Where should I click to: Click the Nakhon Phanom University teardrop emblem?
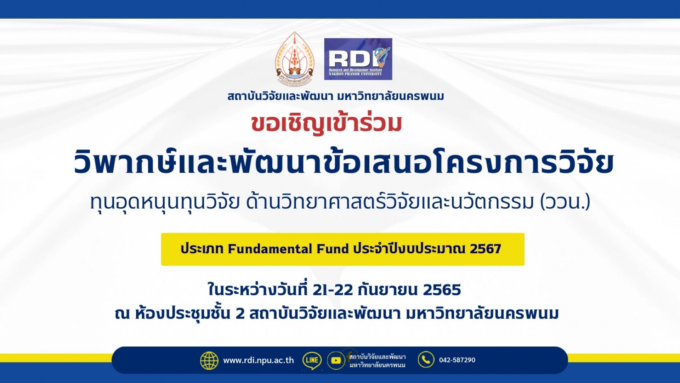tap(295, 59)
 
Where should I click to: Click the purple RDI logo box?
tap(358, 59)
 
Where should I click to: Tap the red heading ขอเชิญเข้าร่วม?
tap(327, 124)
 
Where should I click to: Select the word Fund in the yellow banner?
tap(333, 249)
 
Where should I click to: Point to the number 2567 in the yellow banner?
tap(485, 249)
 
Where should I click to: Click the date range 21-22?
tap(333, 290)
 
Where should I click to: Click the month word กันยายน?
tap(388, 290)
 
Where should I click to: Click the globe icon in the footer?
tap(209, 361)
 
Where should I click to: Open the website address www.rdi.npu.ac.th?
tap(259, 360)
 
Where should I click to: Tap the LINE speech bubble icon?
tap(312, 361)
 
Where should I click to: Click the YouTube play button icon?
tap(336, 361)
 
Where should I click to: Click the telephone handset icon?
tap(426, 360)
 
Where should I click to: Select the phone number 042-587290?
tap(457, 360)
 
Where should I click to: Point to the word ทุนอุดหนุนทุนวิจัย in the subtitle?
tap(165, 202)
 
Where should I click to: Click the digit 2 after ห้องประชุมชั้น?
tap(240, 314)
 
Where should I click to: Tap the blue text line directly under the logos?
tap(336, 96)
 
